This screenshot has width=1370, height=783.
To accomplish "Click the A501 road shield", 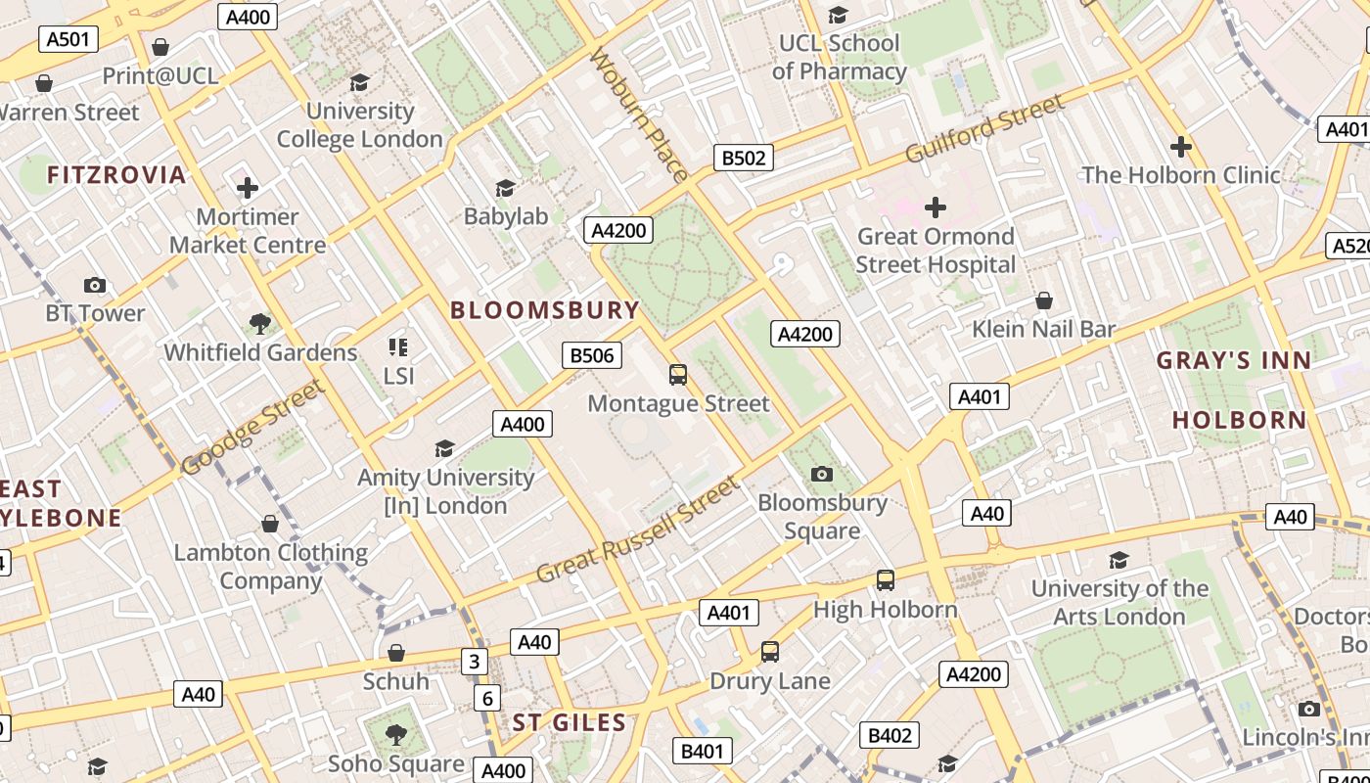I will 68,39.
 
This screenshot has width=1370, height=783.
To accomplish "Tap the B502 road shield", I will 744,158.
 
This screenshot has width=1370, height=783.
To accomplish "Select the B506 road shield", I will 592,355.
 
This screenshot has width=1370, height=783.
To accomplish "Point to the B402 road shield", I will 890,736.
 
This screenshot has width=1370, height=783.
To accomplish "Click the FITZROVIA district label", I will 116,175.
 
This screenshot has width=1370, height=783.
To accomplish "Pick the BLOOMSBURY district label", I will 544,310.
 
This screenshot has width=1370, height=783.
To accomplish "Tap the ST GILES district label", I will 570,723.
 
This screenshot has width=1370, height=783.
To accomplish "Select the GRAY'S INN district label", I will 1234,360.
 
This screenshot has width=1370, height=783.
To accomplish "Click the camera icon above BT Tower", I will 95,285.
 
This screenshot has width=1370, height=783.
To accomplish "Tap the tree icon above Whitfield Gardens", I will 260,324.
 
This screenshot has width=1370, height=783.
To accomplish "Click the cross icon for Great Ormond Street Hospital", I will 936,207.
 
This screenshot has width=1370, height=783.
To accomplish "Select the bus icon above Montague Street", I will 678,375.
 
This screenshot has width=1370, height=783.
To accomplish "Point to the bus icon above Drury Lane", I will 770,652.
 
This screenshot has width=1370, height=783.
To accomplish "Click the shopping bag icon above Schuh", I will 396,653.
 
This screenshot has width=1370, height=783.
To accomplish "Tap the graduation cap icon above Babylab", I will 505,188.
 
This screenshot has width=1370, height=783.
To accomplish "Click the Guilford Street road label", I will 983,129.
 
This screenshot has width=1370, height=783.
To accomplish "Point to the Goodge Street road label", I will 252,428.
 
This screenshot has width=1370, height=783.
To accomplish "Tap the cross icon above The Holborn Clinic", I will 1181,147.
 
